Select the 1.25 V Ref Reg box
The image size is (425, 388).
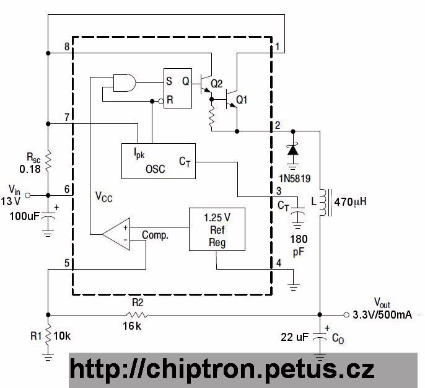216,229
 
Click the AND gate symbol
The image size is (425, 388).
125,82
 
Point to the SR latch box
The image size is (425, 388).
177,88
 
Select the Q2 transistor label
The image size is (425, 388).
216,83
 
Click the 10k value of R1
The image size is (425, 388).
62,336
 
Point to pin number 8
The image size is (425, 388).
67,47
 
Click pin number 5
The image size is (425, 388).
67,263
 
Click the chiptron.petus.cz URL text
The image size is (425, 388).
222,369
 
